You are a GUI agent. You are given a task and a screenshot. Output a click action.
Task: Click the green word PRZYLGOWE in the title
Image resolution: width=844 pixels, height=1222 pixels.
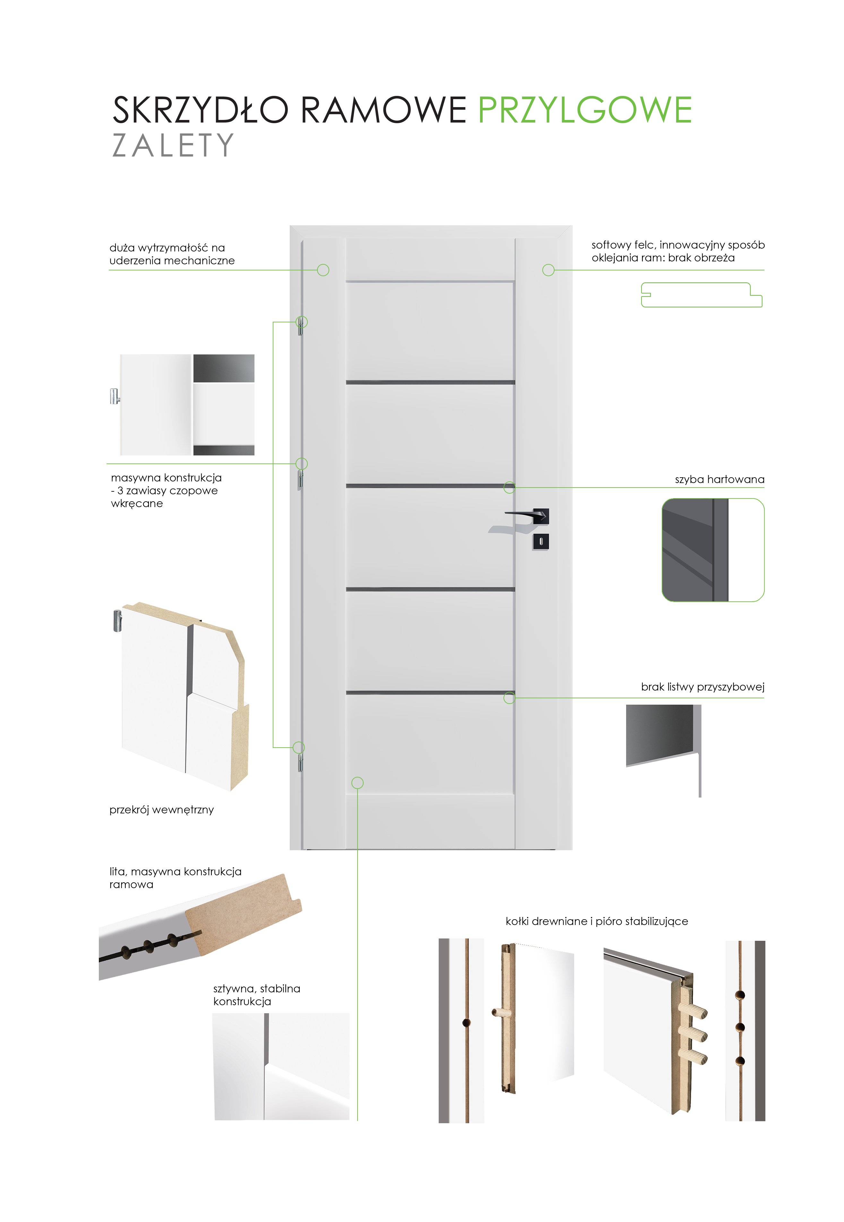tap(585, 110)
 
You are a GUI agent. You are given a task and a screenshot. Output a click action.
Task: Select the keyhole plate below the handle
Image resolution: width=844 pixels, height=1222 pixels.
tap(540, 542)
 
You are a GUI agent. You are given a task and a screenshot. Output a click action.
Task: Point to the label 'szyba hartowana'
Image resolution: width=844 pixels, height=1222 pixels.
tap(719, 479)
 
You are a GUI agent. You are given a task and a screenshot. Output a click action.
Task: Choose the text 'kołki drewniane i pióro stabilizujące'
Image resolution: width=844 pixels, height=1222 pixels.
tap(597, 921)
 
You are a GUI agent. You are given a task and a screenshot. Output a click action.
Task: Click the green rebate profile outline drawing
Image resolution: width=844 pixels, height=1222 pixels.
tap(701, 295)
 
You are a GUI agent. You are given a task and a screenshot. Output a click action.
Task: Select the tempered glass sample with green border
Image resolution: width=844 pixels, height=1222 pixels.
tap(713, 550)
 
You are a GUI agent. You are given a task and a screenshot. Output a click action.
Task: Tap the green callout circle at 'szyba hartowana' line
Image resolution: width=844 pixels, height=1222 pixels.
tap(509, 487)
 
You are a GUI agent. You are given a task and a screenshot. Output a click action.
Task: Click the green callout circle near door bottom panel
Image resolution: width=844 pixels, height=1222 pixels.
tap(357, 783)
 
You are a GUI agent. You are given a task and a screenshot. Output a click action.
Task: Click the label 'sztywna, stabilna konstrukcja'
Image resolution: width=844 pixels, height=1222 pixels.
tap(256, 995)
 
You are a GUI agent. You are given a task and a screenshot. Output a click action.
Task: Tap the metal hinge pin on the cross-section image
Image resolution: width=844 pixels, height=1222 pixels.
tap(117, 621)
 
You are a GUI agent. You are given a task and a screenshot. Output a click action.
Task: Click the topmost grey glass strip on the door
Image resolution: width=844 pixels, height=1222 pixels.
tap(430, 281)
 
